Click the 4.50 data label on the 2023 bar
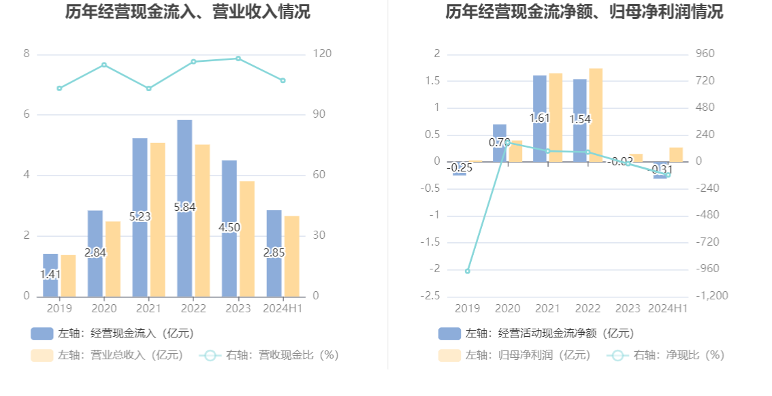[x=229, y=227]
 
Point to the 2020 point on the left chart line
[x=104, y=65]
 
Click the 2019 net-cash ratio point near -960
[x=467, y=271]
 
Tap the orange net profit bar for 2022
[x=596, y=115]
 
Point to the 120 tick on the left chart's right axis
[x=322, y=54]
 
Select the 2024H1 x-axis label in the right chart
[x=668, y=308]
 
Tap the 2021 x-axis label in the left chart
[x=148, y=308]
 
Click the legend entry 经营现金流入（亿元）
[x=112, y=333]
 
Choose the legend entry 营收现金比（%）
[x=268, y=355]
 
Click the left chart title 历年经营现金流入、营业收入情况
[x=188, y=12]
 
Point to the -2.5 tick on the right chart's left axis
[x=431, y=296]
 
